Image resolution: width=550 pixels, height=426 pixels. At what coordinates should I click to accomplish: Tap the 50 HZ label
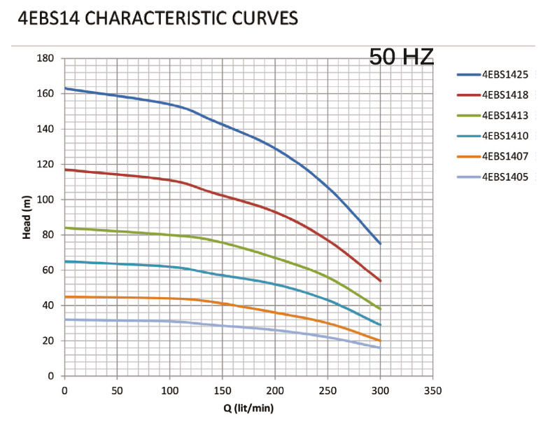401,57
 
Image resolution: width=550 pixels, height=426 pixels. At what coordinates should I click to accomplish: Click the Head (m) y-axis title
27,217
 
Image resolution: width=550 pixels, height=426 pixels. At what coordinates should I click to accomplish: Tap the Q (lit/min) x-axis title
248,406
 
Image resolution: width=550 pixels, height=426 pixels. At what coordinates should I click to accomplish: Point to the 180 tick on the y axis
45,58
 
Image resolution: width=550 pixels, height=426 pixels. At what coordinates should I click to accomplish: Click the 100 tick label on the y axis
45,200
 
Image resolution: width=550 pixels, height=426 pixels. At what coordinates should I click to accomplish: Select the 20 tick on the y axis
50,341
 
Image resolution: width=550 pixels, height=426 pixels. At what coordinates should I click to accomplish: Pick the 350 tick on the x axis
434,389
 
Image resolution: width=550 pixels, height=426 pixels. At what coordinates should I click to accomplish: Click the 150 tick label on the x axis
223,389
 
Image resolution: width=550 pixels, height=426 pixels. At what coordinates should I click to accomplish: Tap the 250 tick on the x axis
328,389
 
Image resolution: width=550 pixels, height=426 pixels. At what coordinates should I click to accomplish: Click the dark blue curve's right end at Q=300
381,243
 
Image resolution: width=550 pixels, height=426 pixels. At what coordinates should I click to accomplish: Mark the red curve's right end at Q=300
381,281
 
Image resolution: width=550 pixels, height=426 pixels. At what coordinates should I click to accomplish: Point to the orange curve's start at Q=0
65,296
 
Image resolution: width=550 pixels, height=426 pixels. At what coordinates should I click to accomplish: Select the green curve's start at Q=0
65,228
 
